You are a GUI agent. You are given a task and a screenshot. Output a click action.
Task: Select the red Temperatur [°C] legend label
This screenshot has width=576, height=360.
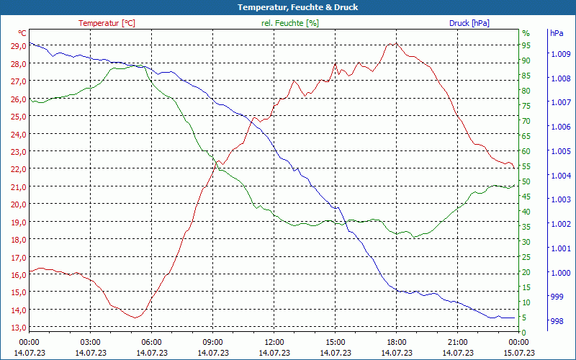(x=107, y=23)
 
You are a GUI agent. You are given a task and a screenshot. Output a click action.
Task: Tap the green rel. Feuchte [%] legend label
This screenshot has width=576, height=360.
(x=289, y=23)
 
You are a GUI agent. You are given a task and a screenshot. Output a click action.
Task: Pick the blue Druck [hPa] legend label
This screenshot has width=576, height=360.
(x=469, y=23)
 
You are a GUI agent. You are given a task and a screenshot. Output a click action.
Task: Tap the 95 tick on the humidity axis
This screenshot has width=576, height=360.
(x=526, y=45)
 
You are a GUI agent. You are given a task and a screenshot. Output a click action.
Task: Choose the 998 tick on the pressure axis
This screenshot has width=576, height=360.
(x=556, y=321)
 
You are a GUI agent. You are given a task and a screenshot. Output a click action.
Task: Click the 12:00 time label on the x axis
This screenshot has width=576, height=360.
(x=274, y=342)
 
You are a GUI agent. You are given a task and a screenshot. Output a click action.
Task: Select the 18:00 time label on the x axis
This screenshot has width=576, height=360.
(x=397, y=342)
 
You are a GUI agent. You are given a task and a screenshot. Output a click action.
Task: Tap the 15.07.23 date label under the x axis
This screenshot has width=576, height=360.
(x=519, y=353)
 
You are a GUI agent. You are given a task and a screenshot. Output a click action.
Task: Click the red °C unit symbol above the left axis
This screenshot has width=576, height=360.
(x=22, y=33)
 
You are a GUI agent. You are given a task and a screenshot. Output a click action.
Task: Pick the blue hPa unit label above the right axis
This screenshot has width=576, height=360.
(x=556, y=33)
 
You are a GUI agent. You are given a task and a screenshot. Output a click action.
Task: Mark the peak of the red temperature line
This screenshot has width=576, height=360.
(x=392, y=43)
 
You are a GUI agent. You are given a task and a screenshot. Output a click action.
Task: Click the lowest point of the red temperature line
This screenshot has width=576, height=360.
(x=135, y=318)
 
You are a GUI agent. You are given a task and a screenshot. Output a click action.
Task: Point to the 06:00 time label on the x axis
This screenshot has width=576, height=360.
(x=152, y=342)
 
